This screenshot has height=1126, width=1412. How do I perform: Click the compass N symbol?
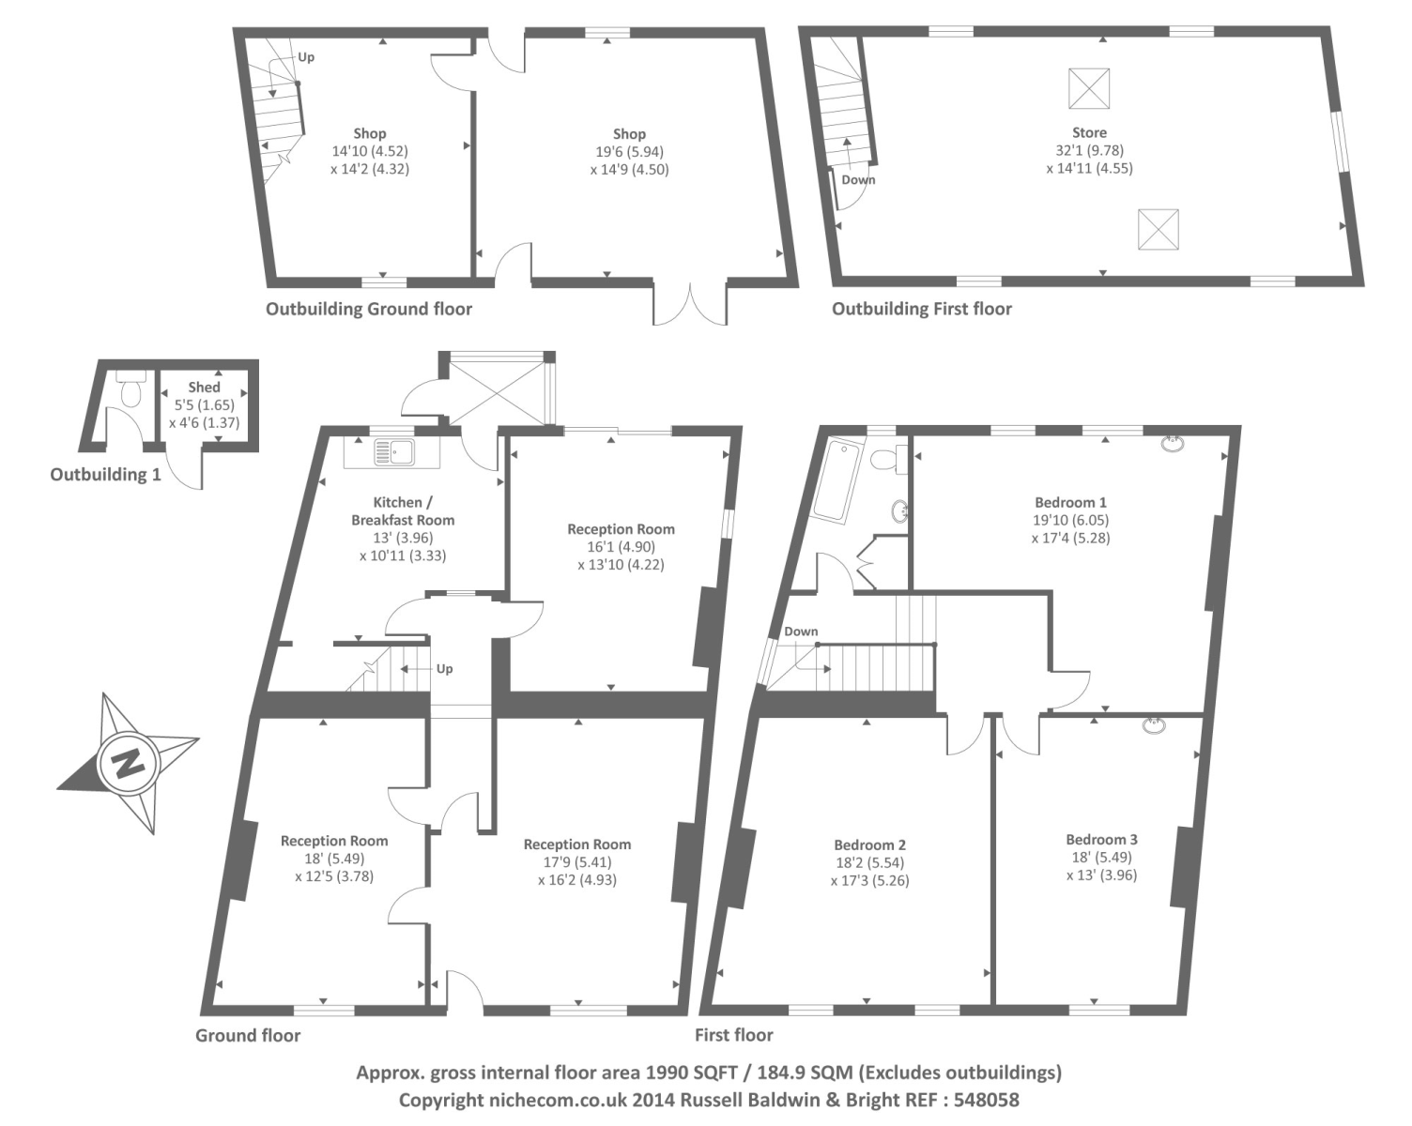[128, 764]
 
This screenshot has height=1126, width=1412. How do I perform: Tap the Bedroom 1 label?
[1070, 502]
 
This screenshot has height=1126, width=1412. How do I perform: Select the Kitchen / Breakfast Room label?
[403, 510]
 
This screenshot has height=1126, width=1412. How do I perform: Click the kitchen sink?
[393, 452]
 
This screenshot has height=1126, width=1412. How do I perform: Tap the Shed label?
[204, 387]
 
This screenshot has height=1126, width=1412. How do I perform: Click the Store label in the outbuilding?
[1089, 132]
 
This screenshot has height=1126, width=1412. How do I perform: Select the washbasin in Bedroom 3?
[1154, 725]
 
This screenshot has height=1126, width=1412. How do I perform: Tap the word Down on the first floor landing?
[801, 631]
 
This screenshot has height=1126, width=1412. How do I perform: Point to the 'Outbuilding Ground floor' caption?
[369, 309]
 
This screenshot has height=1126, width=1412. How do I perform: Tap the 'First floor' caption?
[733, 1035]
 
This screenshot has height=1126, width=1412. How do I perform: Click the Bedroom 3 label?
[1101, 840]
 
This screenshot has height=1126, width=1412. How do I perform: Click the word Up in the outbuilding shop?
[306, 57]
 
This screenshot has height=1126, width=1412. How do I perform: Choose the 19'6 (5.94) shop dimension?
[629, 151]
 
